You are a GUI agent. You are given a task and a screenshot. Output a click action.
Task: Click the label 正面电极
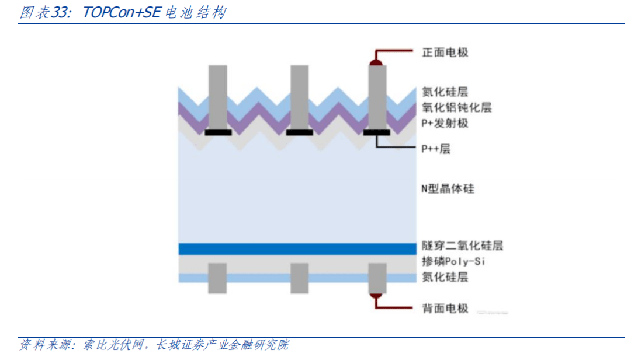(x=445, y=52)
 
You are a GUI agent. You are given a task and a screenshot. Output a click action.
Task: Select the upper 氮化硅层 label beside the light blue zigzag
(x=445, y=92)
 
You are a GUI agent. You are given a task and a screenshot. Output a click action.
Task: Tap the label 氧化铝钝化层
(x=456, y=108)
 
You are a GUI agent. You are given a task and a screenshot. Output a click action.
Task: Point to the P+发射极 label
(x=445, y=124)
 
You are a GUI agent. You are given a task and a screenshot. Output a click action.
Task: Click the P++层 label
(x=436, y=149)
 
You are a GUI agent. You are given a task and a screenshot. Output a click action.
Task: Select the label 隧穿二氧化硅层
(x=462, y=246)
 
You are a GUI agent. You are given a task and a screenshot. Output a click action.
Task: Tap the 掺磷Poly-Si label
(x=453, y=261)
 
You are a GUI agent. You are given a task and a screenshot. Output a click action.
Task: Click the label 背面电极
(x=445, y=309)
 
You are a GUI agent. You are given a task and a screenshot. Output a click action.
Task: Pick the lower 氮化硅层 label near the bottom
(x=445, y=276)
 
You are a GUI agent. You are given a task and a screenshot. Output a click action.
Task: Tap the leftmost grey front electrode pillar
(x=218, y=96)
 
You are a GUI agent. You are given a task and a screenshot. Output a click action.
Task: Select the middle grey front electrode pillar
(x=299, y=96)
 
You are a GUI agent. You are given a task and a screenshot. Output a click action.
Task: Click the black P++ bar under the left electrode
(x=218, y=132)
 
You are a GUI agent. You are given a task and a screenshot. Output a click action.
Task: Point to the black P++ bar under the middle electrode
(x=299, y=132)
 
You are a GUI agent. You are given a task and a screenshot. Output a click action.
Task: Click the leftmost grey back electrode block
(x=217, y=278)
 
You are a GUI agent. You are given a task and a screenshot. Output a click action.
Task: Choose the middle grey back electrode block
(x=299, y=278)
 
